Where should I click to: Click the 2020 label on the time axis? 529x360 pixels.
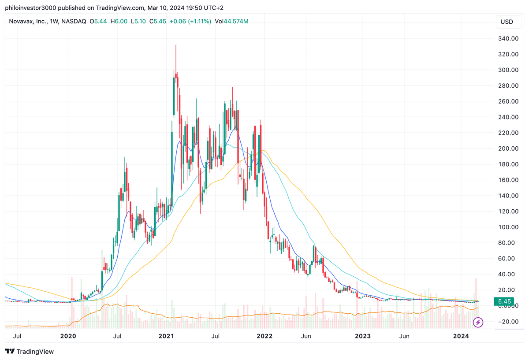(68, 336)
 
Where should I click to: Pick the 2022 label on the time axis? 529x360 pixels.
(264, 336)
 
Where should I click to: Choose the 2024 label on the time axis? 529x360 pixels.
(461, 336)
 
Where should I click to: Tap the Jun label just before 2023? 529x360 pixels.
(306, 336)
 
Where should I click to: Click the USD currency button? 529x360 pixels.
(507, 22)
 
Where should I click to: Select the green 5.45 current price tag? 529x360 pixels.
(504, 301)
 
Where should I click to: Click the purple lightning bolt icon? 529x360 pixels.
(478, 323)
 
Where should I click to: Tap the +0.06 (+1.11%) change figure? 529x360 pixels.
(190, 21)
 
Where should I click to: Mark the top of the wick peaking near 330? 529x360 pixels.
(175, 45)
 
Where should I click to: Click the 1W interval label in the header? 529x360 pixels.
(56, 21)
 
